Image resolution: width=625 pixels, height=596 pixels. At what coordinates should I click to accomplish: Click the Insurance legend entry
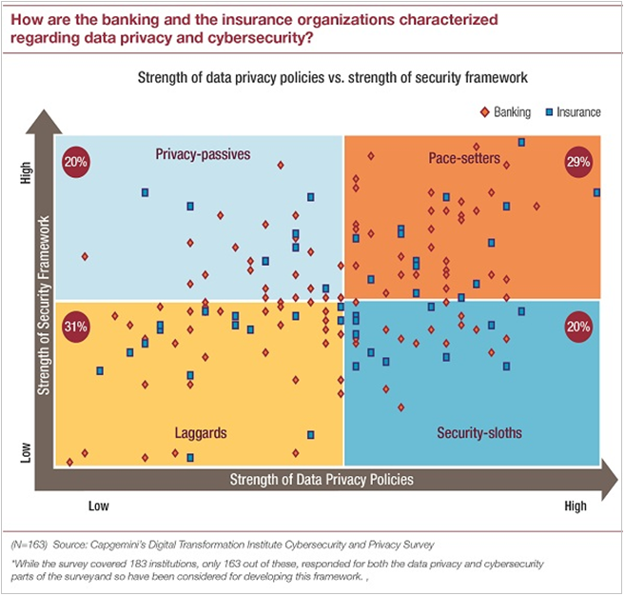click(x=572, y=111)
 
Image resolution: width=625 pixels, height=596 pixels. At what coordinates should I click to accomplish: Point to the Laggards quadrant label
click(x=201, y=432)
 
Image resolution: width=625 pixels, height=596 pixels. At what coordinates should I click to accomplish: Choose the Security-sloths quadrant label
click(x=479, y=432)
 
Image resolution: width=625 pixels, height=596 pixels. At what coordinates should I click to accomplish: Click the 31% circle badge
click(x=75, y=327)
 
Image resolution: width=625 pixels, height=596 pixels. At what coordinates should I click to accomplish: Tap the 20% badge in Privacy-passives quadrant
click(x=76, y=161)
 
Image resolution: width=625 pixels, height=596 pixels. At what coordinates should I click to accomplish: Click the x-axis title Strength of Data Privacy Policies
click(x=322, y=479)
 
